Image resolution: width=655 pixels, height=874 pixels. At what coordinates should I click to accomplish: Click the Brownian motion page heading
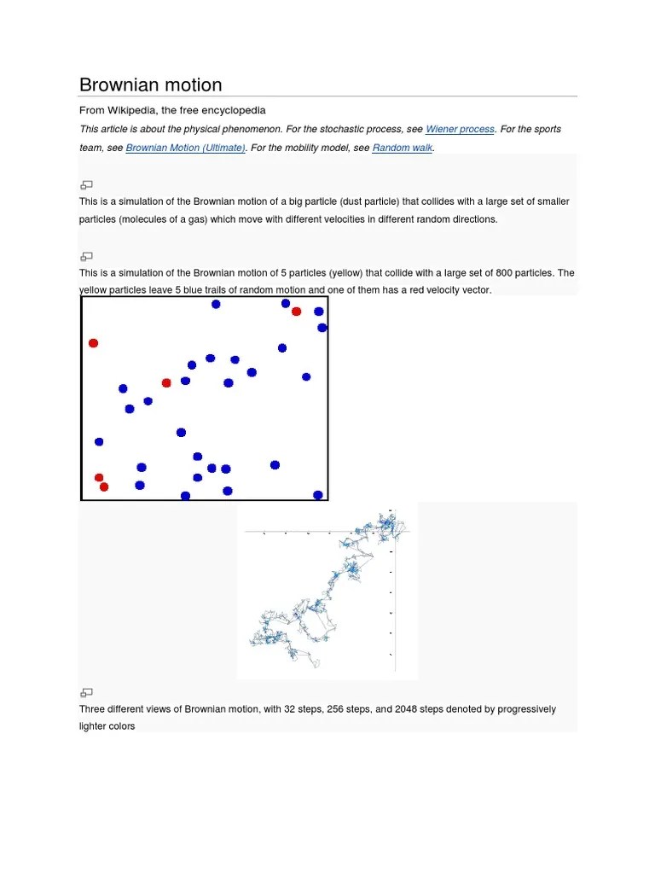(x=150, y=84)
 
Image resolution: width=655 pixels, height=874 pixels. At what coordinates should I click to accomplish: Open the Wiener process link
(x=460, y=129)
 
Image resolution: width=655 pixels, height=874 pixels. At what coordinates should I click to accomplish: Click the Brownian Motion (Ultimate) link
(x=186, y=148)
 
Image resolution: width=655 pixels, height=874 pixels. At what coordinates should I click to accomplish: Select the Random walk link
(x=403, y=148)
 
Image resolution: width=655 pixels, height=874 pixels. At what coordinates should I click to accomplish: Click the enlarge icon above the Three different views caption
(x=86, y=692)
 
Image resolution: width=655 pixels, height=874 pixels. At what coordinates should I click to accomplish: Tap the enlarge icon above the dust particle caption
(x=86, y=184)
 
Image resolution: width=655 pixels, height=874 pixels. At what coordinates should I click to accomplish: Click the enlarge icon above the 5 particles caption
(x=86, y=256)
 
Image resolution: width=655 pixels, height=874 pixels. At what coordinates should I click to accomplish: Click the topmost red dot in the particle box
(x=296, y=312)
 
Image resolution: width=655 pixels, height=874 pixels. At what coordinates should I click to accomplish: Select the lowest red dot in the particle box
(x=104, y=487)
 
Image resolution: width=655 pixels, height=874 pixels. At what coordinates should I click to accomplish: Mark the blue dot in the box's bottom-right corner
(x=318, y=495)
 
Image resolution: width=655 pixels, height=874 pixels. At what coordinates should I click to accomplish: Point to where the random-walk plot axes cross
(x=393, y=532)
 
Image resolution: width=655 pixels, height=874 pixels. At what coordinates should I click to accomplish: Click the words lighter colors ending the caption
(x=107, y=726)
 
